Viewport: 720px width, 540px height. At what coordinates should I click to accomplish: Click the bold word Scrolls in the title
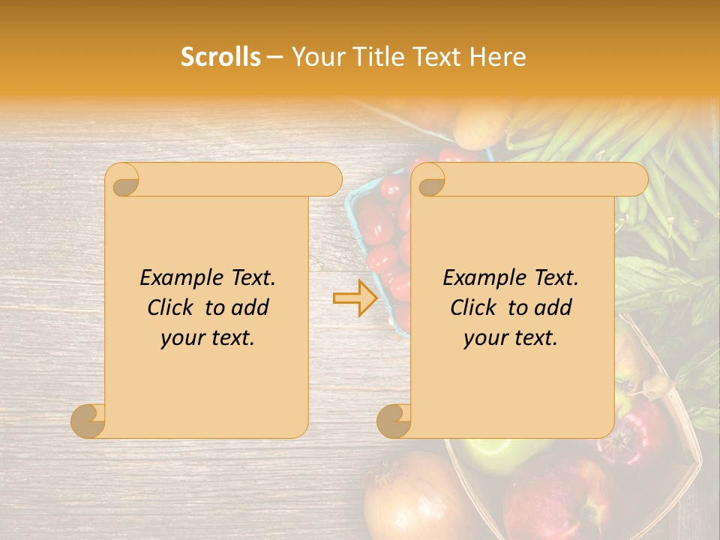(x=220, y=57)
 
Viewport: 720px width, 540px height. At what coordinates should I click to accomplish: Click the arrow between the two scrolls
(x=355, y=298)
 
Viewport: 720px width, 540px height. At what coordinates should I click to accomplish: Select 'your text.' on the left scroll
(x=208, y=338)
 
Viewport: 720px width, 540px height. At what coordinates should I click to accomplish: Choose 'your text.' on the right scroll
(x=511, y=338)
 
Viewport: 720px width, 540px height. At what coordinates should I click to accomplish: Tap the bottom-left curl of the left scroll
(x=88, y=420)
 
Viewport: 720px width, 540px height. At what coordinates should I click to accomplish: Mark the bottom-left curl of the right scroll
(x=394, y=420)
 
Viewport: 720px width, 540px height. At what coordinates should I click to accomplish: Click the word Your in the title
(x=313, y=57)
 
